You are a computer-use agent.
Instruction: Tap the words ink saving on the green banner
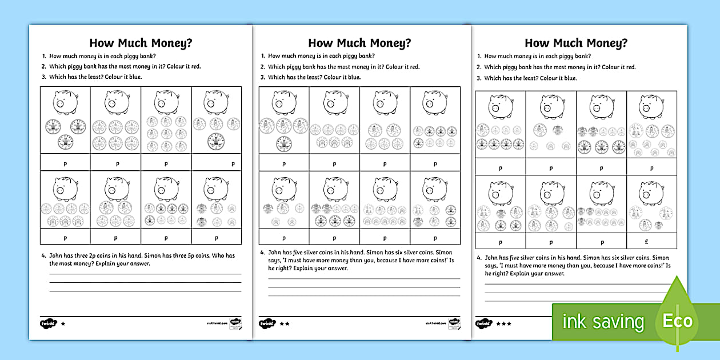pyautogui.click(x=602, y=322)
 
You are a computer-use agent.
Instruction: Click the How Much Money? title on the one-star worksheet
pyautogui.click(x=140, y=43)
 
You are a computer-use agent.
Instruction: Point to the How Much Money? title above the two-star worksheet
pyautogui.click(x=359, y=43)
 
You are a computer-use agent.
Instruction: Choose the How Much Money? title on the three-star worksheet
pyautogui.click(x=576, y=43)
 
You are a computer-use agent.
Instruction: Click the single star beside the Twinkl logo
pyautogui.click(x=63, y=323)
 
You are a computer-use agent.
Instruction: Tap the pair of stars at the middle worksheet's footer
pyautogui.click(x=284, y=323)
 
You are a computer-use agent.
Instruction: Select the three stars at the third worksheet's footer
pyautogui.click(x=503, y=323)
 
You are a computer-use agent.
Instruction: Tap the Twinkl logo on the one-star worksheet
pyautogui.click(x=48, y=323)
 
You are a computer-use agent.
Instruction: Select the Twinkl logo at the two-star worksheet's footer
pyautogui.click(x=267, y=323)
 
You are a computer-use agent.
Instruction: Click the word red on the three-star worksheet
pyautogui.click(x=630, y=67)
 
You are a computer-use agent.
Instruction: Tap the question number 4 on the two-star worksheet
pyautogui.click(x=262, y=252)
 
